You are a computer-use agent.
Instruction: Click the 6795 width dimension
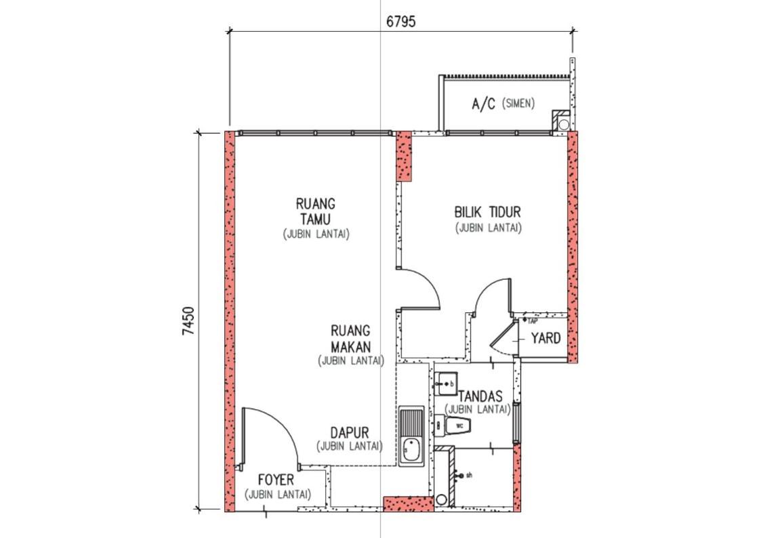pos(400,22)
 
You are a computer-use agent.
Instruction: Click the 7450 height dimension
pos(188,320)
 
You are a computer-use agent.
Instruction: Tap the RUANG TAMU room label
pos(316,211)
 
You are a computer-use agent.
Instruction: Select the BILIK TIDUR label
pos(487,212)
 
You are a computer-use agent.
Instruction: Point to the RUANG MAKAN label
pos(350,339)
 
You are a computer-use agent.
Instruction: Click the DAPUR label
pos(350,432)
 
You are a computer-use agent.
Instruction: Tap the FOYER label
pos(276,480)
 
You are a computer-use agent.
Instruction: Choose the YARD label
pos(546,338)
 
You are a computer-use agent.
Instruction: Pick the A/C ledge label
pos(483,104)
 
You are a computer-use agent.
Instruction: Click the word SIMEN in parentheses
pos(518,103)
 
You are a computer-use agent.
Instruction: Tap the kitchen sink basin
pos(411,451)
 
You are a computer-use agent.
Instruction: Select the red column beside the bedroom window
pos(404,156)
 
